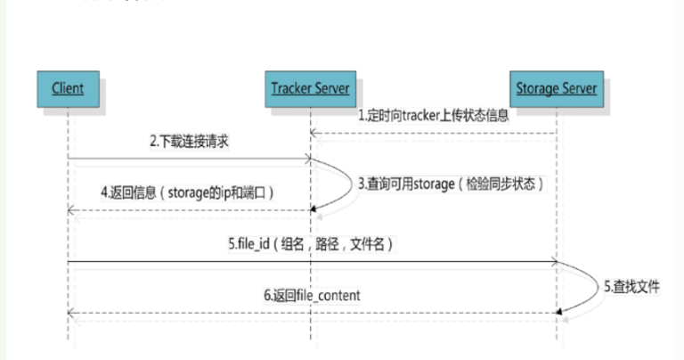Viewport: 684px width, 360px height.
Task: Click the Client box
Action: [67, 88]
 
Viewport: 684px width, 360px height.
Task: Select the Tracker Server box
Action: [310, 88]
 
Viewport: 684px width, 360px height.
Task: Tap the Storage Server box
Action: [557, 88]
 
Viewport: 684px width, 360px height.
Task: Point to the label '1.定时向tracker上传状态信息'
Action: [433, 116]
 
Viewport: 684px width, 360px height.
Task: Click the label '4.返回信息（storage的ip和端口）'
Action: [187, 192]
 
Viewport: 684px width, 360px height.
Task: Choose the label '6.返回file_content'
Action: [312, 295]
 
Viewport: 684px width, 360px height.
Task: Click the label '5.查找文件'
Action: [633, 286]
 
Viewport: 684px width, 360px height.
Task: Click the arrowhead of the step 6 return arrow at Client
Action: [72, 313]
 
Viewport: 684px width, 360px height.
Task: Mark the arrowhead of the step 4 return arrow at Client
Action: [72, 211]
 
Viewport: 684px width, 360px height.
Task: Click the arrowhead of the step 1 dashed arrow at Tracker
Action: [314, 135]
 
